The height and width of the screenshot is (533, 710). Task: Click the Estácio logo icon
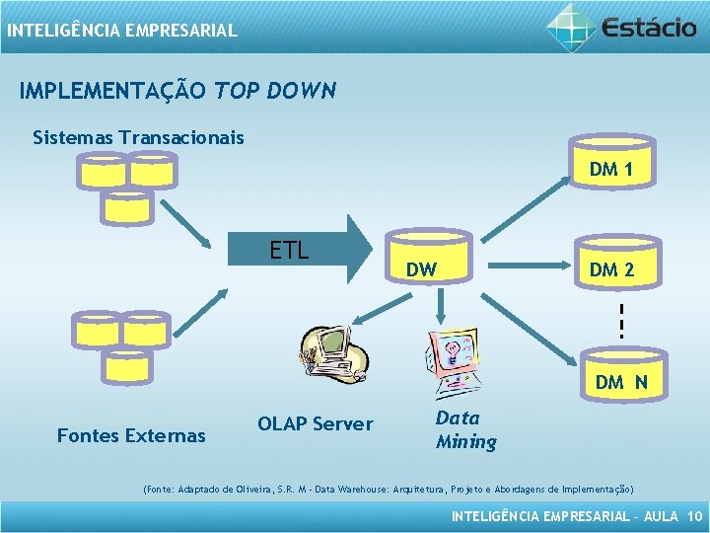(572, 26)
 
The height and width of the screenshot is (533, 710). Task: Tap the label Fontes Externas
(131, 435)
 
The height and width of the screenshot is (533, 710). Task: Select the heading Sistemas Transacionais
(138, 137)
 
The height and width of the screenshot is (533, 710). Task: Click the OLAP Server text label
(315, 424)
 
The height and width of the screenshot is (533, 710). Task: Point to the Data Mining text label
(465, 430)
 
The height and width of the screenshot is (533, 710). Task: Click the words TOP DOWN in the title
(275, 92)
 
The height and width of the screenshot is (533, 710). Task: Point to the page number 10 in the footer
(694, 516)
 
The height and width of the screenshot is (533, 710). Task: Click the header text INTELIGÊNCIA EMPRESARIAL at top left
(122, 31)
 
